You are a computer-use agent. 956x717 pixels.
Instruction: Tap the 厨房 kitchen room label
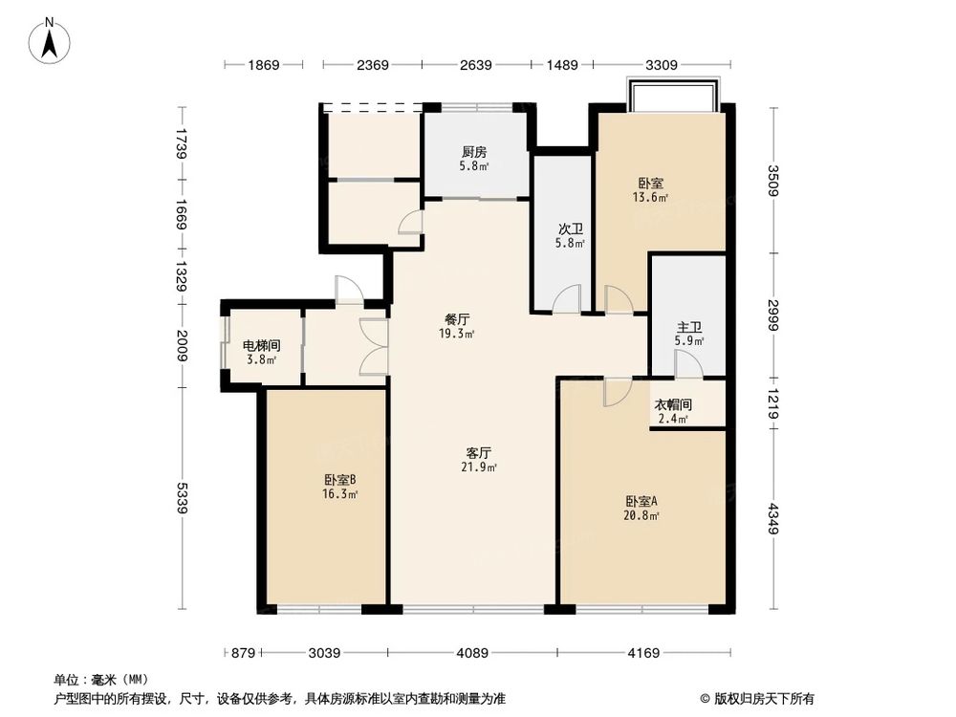coord(474,152)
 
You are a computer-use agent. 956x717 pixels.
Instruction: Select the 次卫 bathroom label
coord(571,229)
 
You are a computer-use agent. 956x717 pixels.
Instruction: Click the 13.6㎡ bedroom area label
coord(651,198)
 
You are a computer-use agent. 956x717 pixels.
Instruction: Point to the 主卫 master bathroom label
coord(689,328)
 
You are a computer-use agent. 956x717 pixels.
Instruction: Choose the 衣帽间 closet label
coord(673,405)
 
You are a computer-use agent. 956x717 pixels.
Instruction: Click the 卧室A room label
coord(642,501)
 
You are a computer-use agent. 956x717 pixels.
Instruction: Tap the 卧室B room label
coord(339,480)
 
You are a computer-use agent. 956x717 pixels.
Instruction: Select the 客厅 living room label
coord(479,453)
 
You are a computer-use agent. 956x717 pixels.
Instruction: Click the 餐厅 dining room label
coord(456,320)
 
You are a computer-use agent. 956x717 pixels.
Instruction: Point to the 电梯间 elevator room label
coord(260,346)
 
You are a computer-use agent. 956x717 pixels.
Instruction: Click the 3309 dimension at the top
coord(661,65)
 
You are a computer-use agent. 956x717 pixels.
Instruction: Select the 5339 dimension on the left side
coord(182,498)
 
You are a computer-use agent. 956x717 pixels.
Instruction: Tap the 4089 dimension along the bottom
coord(471,653)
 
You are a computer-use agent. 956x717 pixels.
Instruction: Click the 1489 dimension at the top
coord(562,65)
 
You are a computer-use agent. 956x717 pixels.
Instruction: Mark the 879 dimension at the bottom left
coord(244,653)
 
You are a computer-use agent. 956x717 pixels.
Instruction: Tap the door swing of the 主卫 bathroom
coord(687,363)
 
